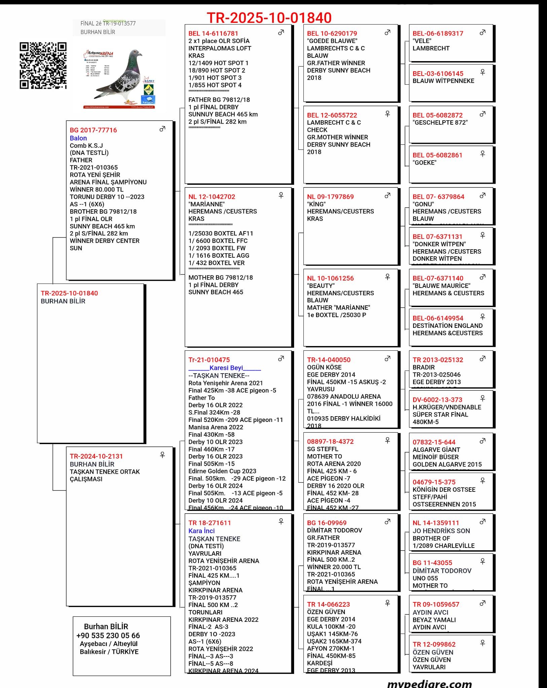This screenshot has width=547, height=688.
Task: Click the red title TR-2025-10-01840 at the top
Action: click(269, 17)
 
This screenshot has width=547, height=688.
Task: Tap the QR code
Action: click(43, 66)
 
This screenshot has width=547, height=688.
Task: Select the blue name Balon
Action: click(78, 138)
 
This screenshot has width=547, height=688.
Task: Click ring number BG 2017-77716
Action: click(93, 130)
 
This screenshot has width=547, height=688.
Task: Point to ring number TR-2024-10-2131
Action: click(96, 456)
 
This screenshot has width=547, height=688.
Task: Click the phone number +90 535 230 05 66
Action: click(108, 636)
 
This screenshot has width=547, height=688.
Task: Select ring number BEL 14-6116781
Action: click(213, 33)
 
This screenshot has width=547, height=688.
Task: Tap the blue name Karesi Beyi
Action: click(226, 368)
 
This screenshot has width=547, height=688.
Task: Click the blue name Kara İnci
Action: click(201, 531)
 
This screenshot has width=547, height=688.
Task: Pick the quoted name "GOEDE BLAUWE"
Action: click(332, 41)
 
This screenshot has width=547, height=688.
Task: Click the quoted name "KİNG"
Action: click(316, 204)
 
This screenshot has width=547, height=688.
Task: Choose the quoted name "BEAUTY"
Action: click(321, 286)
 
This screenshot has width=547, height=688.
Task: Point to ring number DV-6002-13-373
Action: click(437, 400)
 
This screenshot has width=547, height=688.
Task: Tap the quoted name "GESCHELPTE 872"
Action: click(440, 123)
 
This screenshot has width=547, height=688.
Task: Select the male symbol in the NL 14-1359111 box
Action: click(482, 522)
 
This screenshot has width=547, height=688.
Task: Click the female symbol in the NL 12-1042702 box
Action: click(281, 195)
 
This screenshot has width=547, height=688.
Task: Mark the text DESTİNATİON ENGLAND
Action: click(447, 326)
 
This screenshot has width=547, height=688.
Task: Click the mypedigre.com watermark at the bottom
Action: click(429, 683)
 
